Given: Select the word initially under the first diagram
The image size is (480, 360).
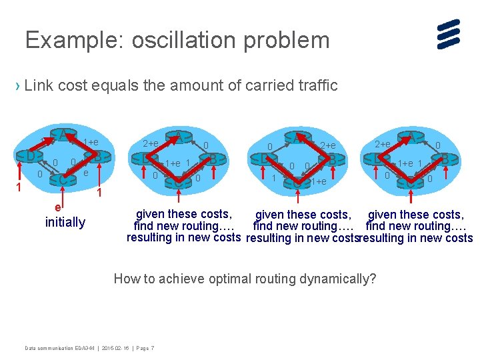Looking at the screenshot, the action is [65, 222].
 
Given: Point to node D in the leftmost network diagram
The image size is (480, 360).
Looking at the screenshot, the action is [29, 156].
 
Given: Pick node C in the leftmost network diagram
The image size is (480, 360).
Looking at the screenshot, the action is [63, 179].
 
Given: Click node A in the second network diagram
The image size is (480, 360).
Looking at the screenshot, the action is [179, 137].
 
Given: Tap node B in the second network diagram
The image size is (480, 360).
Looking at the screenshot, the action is [213, 159].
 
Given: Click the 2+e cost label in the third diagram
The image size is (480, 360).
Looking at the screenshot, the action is [327, 145].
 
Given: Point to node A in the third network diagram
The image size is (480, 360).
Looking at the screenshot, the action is [296, 137].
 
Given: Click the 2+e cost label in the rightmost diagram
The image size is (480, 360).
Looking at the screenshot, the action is [383, 144].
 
